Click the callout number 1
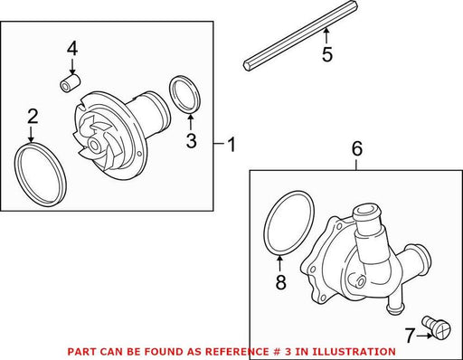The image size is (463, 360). coord(231,145)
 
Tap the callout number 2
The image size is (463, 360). coord(33,117)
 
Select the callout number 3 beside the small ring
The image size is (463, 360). coord(192,141)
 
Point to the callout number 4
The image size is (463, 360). coord(72,49)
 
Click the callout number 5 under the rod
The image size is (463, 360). coord(327,54)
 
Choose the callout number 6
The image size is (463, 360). coord(357,149)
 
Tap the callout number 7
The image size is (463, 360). coord(410,336)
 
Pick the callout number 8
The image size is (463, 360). coord(280,282)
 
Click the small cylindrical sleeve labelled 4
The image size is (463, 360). coord(71,83)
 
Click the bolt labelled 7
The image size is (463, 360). coord(438,328)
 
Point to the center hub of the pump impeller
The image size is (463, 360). coord(95,146)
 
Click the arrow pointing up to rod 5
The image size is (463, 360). coord(326,35)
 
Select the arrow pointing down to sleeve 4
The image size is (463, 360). coord(72,67)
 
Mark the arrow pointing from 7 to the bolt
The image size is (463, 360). coord(424,336)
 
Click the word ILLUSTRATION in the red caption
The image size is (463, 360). coord(354,352)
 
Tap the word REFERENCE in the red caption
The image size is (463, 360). coord(236,352)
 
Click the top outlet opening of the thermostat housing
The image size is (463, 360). coord(365,211)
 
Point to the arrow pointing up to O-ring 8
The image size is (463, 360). coord(280,263)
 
